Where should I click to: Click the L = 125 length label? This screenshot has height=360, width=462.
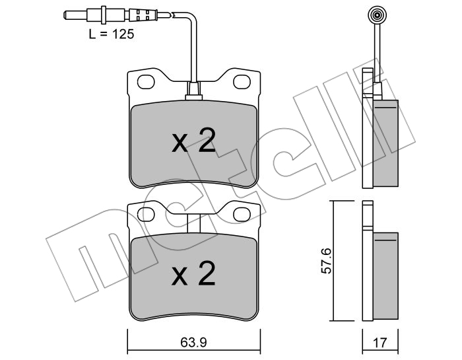112,34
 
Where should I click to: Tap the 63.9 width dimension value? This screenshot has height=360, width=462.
193,342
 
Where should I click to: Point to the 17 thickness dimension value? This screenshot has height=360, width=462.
379,343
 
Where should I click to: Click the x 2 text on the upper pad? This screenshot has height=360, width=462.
193,140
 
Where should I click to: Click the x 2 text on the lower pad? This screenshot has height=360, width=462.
193,273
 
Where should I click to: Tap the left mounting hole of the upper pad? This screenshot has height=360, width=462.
146,82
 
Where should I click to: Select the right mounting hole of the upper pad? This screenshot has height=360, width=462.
242,82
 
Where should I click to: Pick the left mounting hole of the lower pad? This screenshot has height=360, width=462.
146,215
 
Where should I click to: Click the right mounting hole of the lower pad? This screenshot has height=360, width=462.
242,215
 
